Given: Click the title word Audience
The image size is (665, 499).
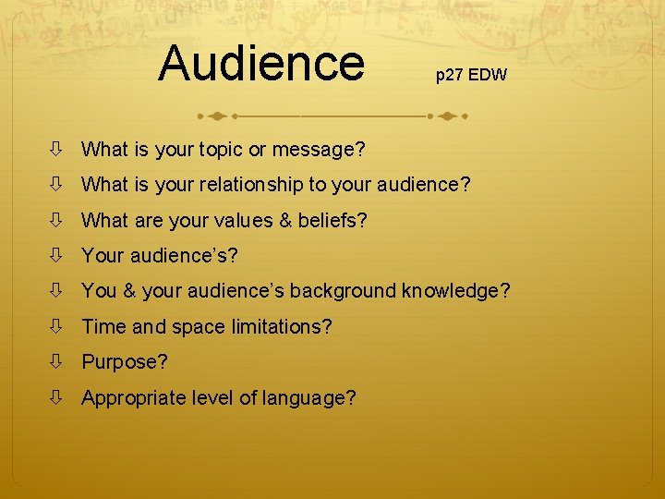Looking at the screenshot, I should (261, 63).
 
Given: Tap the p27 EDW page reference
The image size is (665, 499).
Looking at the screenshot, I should (471, 75).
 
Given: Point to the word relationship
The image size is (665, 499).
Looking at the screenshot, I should (240, 185).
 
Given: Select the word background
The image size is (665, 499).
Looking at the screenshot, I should (343, 291).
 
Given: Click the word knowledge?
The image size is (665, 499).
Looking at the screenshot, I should (455, 291).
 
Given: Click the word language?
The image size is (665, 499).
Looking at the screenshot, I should (310, 398).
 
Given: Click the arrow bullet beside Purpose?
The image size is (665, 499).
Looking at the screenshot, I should (57, 362).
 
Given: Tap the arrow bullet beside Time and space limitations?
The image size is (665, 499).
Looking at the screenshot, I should (57, 326).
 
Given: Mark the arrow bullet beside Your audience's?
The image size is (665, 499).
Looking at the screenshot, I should (57, 256).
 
